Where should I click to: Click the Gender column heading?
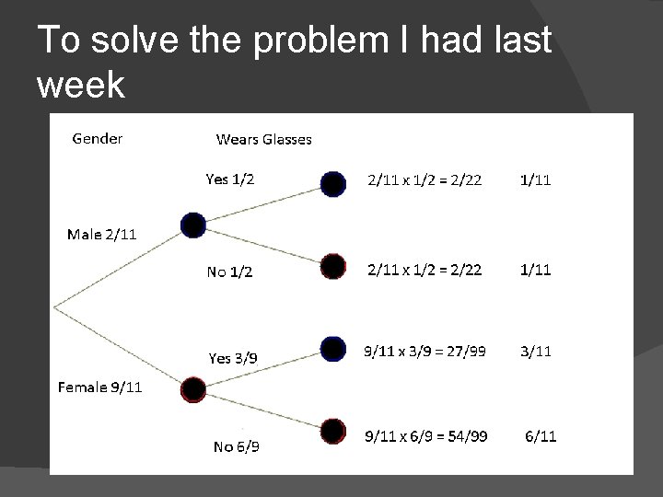point(97,139)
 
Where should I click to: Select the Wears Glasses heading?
point(263,140)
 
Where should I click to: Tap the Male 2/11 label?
point(101,234)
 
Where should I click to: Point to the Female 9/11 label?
point(99,387)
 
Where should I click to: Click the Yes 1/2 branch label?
point(230,179)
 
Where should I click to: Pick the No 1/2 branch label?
point(229,272)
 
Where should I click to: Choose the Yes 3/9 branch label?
point(233,358)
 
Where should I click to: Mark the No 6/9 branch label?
point(236,447)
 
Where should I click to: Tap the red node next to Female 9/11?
point(193,389)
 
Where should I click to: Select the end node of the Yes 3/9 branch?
point(333,349)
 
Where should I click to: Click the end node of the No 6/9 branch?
point(333,430)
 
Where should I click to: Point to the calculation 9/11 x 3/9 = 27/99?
point(426,351)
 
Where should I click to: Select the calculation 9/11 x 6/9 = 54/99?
point(426,435)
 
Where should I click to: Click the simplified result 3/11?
point(535,351)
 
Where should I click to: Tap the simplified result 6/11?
point(541,435)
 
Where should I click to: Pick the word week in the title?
point(81,86)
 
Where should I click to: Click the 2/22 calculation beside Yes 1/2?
point(425,180)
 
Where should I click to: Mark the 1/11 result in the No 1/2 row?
point(535,270)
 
